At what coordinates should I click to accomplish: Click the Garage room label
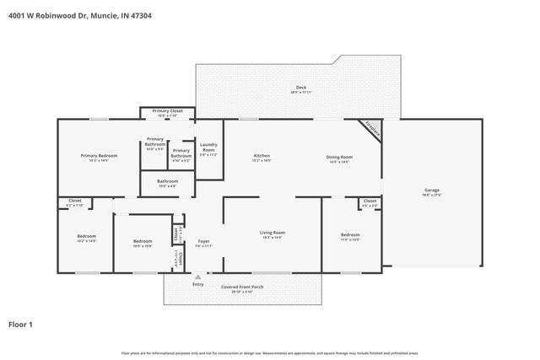pyautogui.click(x=431, y=191)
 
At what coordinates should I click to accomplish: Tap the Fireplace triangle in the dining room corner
pyautogui.click(x=370, y=129)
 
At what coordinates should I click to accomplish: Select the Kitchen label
pyautogui.click(x=262, y=157)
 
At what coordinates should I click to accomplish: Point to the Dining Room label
pyautogui.click(x=339, y=157)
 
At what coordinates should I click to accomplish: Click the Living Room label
pyautogui.click(x=272, y=234)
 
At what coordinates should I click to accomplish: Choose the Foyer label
pyautogui.click(x=203, y=241)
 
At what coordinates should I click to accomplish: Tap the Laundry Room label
pyautogui.click(x=208, y=148)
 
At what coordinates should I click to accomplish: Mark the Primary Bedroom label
pyautogui.click(x=99, y=156)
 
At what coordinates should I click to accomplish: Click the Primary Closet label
pyautogui.click(x=167, y=111)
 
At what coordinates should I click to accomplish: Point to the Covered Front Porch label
pyautogui.click(x=242, y=287)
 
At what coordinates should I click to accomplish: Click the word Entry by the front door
pyautogui.click(x=198, y=284)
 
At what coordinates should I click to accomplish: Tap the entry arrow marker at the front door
pyautogui.click(x=198, y=276)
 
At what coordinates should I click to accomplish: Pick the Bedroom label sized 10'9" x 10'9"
pyautogui.click(x=142, y=241)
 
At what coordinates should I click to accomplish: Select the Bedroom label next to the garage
pyautogui.click(x=350, y=235)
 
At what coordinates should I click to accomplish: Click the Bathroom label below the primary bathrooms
pyautogui.click(x=167, y=181)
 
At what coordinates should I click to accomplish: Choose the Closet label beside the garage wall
pyautogui.click(x=370, y=202)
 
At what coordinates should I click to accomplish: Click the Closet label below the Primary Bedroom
pyautogui.click(x=74, y=202)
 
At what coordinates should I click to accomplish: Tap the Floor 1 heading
pyautogui.click(x=21, y=324)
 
